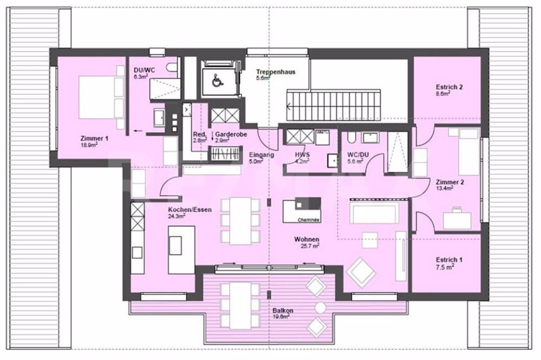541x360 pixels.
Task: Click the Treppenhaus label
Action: click(x=276, y=72)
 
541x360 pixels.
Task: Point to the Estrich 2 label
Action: click(x=449, y=87)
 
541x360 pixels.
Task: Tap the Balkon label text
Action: click(x=283, y=311)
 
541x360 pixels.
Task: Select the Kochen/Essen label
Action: click(x=189, y=209)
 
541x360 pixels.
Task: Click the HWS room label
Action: click(x=302, y=155)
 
